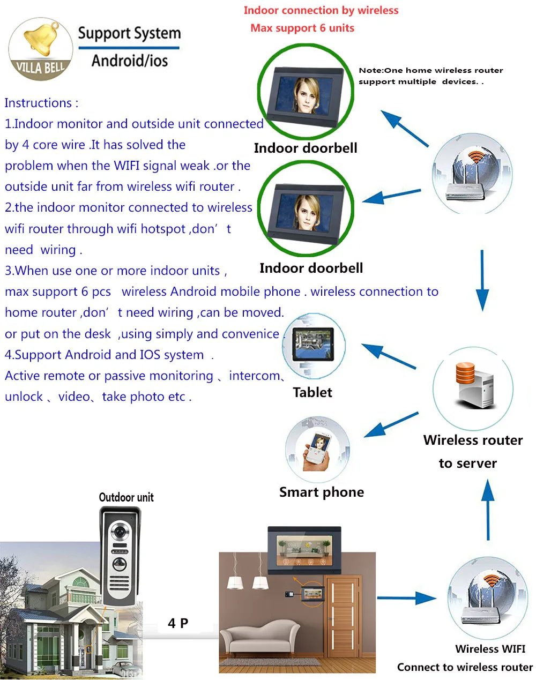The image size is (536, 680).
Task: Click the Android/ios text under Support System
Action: coord(130,61)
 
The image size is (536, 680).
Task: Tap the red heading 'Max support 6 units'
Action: coord(302,28)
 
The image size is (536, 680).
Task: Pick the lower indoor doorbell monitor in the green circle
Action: coord(306,207)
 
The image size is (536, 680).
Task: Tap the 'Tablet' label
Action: coord(312,392)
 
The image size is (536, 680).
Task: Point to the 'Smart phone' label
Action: coord(322,492)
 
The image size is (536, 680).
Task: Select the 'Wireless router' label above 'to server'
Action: coord(473,440)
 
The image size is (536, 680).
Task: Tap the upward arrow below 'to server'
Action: coord(488,509)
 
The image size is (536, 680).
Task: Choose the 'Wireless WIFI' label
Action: coord(490,649)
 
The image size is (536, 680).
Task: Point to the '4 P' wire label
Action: coord(178,623)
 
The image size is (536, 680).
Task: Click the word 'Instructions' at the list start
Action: coord(38,103)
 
